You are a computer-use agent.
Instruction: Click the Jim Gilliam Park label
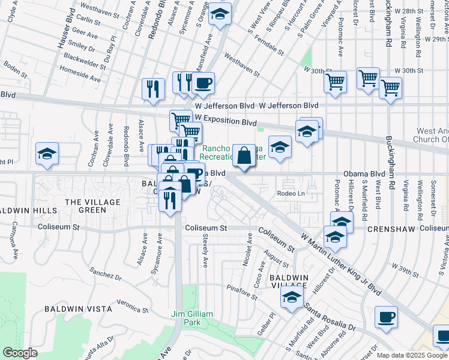191,318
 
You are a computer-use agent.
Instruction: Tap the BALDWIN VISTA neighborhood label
78,309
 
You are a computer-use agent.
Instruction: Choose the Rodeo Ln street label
291,193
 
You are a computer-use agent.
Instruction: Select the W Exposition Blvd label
226,121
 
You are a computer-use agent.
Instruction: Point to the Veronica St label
133,305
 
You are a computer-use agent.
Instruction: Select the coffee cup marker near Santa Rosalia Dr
386,317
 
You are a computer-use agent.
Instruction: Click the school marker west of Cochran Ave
47,154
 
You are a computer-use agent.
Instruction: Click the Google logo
20,352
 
